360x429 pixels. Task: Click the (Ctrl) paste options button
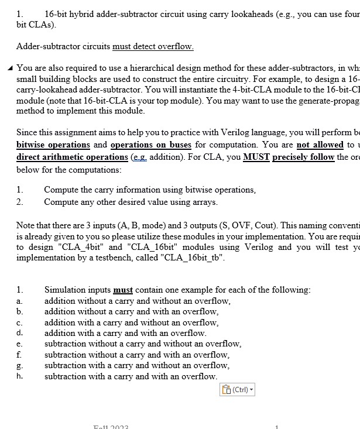(x=238, y=389)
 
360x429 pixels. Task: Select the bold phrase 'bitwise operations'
(x=53, y=145)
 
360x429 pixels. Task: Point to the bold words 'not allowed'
(x=320, y=145)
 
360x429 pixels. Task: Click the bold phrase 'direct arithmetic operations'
(x=72, y=157)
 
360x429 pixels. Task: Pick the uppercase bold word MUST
(x=256, y=157)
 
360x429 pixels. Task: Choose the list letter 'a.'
(x=20, y=301)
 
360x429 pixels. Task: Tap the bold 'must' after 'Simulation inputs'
(x=123, y=290)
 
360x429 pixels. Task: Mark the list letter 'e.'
(x=20, y=344)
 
